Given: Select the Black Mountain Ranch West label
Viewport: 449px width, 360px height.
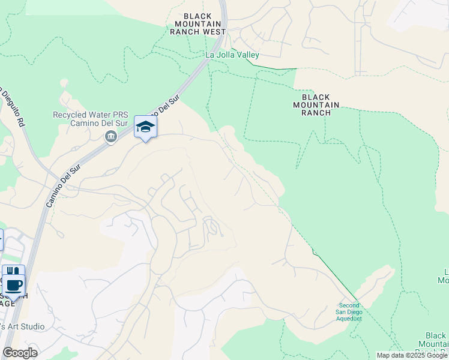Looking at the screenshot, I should point(197,24).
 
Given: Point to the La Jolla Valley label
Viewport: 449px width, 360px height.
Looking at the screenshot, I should point(232,55).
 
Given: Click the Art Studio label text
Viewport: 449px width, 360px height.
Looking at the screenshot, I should point(23,327).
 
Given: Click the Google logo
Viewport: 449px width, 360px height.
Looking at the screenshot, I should point(20,353).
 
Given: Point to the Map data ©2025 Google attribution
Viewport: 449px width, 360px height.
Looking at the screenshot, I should point(412,355).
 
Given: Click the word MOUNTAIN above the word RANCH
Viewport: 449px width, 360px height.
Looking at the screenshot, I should point(316,105).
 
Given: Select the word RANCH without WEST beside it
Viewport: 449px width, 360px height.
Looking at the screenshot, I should point(316,113).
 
